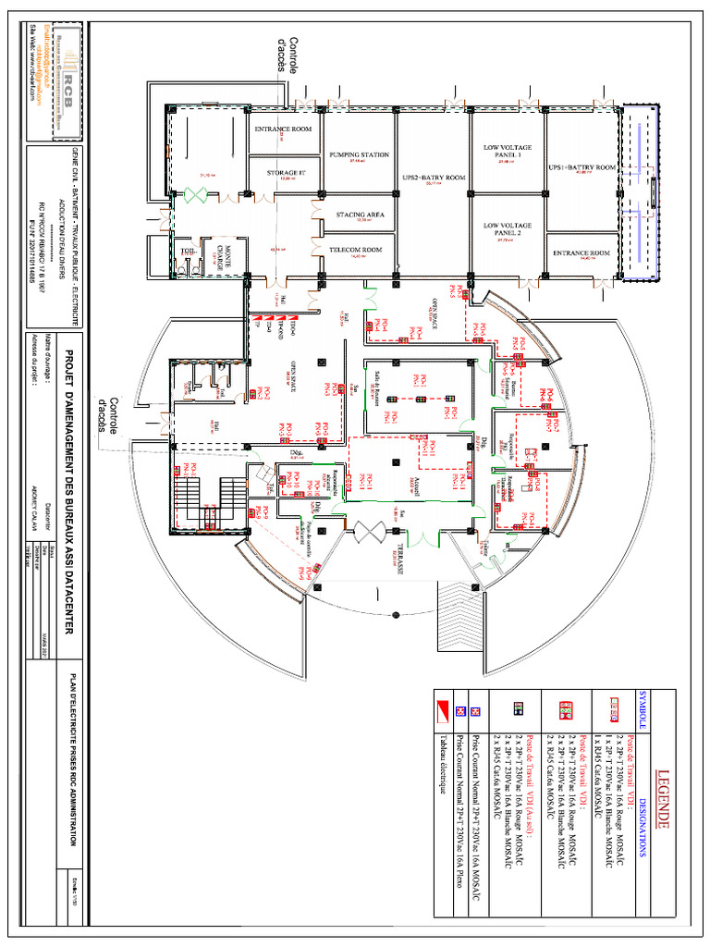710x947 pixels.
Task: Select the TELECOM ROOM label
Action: [x=359, y=250]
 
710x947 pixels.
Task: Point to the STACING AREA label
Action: [x=360, y=215]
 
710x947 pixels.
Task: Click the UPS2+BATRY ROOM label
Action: [x=433, y=177]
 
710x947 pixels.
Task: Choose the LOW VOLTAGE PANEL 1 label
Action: [x=508, y=151]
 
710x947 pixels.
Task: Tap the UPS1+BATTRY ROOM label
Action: [x=581, y=167]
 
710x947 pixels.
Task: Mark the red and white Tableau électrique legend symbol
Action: [x=444, y=710]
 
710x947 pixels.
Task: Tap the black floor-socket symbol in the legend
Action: [x=517, y=710]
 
